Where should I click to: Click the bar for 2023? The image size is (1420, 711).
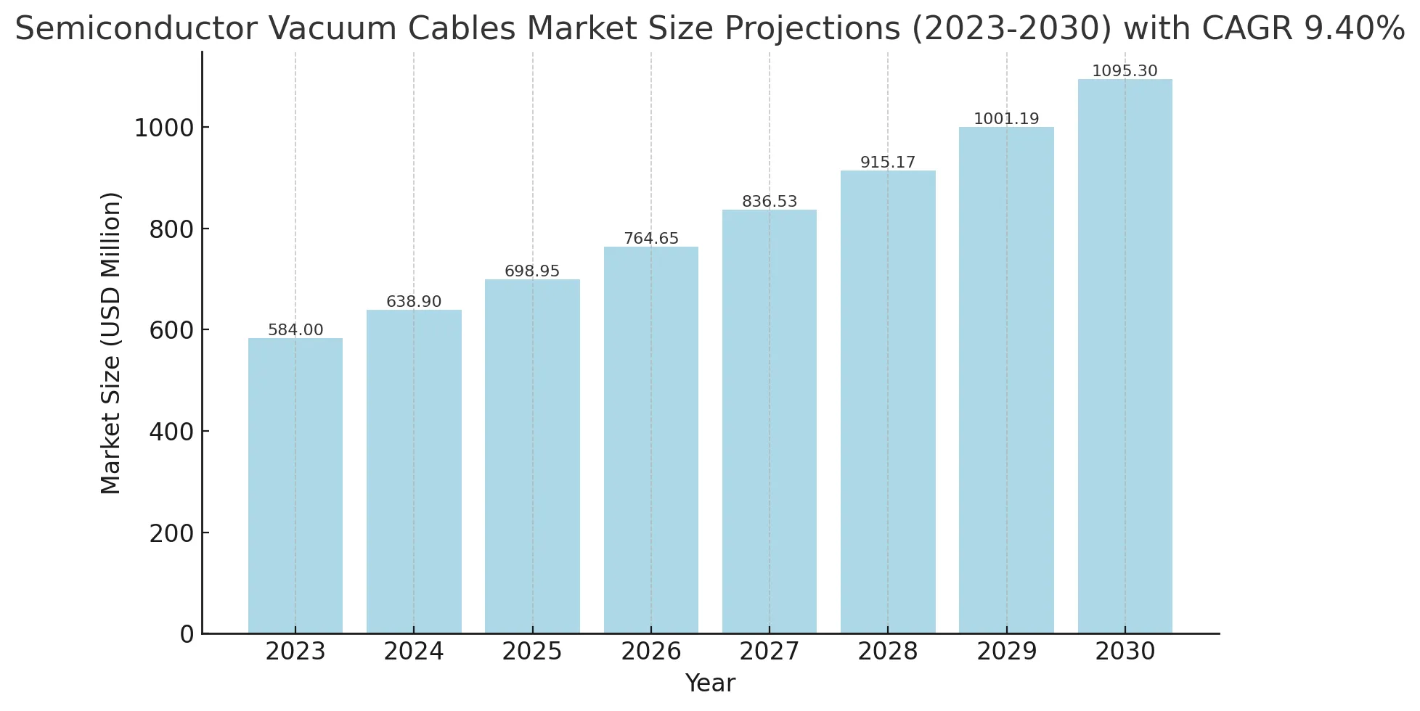click(x=295, y=486)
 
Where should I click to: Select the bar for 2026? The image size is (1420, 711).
click(x=651, y=440)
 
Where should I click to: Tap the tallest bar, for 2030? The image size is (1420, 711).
click(x=1125, y=356)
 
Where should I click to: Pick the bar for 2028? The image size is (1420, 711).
click(x=888, y=402)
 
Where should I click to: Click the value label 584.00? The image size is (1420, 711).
click(x=295, y=330)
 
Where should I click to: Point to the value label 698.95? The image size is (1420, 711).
click(x=532, y=271)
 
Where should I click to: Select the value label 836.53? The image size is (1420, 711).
click(x=770, y=202)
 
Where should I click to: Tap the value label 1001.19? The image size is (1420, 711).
click(x=1006, y=119)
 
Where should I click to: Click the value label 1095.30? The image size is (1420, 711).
click(x=1125, y=71)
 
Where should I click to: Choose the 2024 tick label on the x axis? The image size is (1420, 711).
click(x=414, y=652)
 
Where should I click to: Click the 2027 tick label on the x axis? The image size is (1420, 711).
click(x=770, y=652)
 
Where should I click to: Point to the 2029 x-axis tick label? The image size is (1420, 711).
click(x=1006, y=652)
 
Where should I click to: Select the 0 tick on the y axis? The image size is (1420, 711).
click(x=187, y=634)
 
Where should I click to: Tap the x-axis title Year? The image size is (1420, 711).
click(x=710, y=683)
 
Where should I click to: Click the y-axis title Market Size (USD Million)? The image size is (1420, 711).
click(x=111, y=343)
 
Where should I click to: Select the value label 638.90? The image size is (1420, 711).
click(x=414, y=302)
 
